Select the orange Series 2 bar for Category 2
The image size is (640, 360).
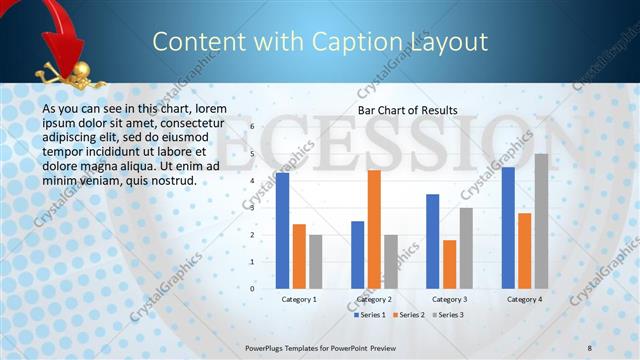pyautogui.click(x=374, y=229)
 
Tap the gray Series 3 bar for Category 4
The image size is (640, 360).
pyautogui.click(x=541, y=221)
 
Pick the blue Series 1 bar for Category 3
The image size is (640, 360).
pyautogui.click(x=433, y=241)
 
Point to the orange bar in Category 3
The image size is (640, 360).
pyautogui.click(x=449, y=264)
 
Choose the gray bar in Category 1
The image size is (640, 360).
pyautogui.click(x=315, y=261)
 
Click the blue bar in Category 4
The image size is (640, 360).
pyautogui.click(x=508, y=227)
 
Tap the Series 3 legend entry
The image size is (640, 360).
pyautogui.click(x=447, y=315)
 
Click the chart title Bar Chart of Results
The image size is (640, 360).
pyautogui.click(x=408, y=110)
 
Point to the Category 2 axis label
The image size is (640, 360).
pyautogui.click(x=374, y=299)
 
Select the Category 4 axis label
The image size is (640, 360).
pyautogui.click(x=524, y=299)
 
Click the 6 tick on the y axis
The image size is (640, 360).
pyautogui.click(x=252, y=126)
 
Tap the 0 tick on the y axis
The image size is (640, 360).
pyautogui.click(x=252, y=288)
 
